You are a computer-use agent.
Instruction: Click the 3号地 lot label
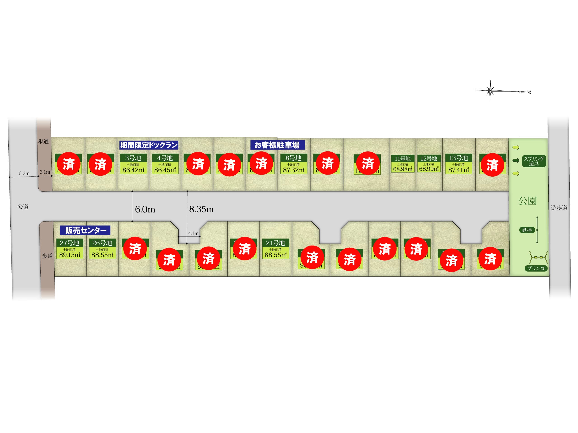pos(133,158)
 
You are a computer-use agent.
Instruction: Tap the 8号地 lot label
pos(294,158)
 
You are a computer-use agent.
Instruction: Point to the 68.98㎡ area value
pos(403,169)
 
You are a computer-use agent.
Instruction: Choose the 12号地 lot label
pos(429,158)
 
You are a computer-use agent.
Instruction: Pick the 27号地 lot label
pos(70,243)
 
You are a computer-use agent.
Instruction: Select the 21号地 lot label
pos(275,243)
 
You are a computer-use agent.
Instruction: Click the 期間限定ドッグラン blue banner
pos(149,145)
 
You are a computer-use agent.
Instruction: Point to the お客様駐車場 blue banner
pos(277,145)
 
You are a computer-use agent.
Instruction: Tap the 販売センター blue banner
pos(85,230)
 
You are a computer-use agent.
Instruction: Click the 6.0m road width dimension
pos(145,209)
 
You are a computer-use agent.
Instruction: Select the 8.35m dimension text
pos(201,209)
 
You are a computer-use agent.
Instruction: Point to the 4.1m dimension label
pos(193,233)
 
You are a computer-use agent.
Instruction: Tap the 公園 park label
pos(528,201)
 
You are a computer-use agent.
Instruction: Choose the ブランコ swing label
pos(536,268)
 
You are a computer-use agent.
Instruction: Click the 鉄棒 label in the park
pos(527,230)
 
